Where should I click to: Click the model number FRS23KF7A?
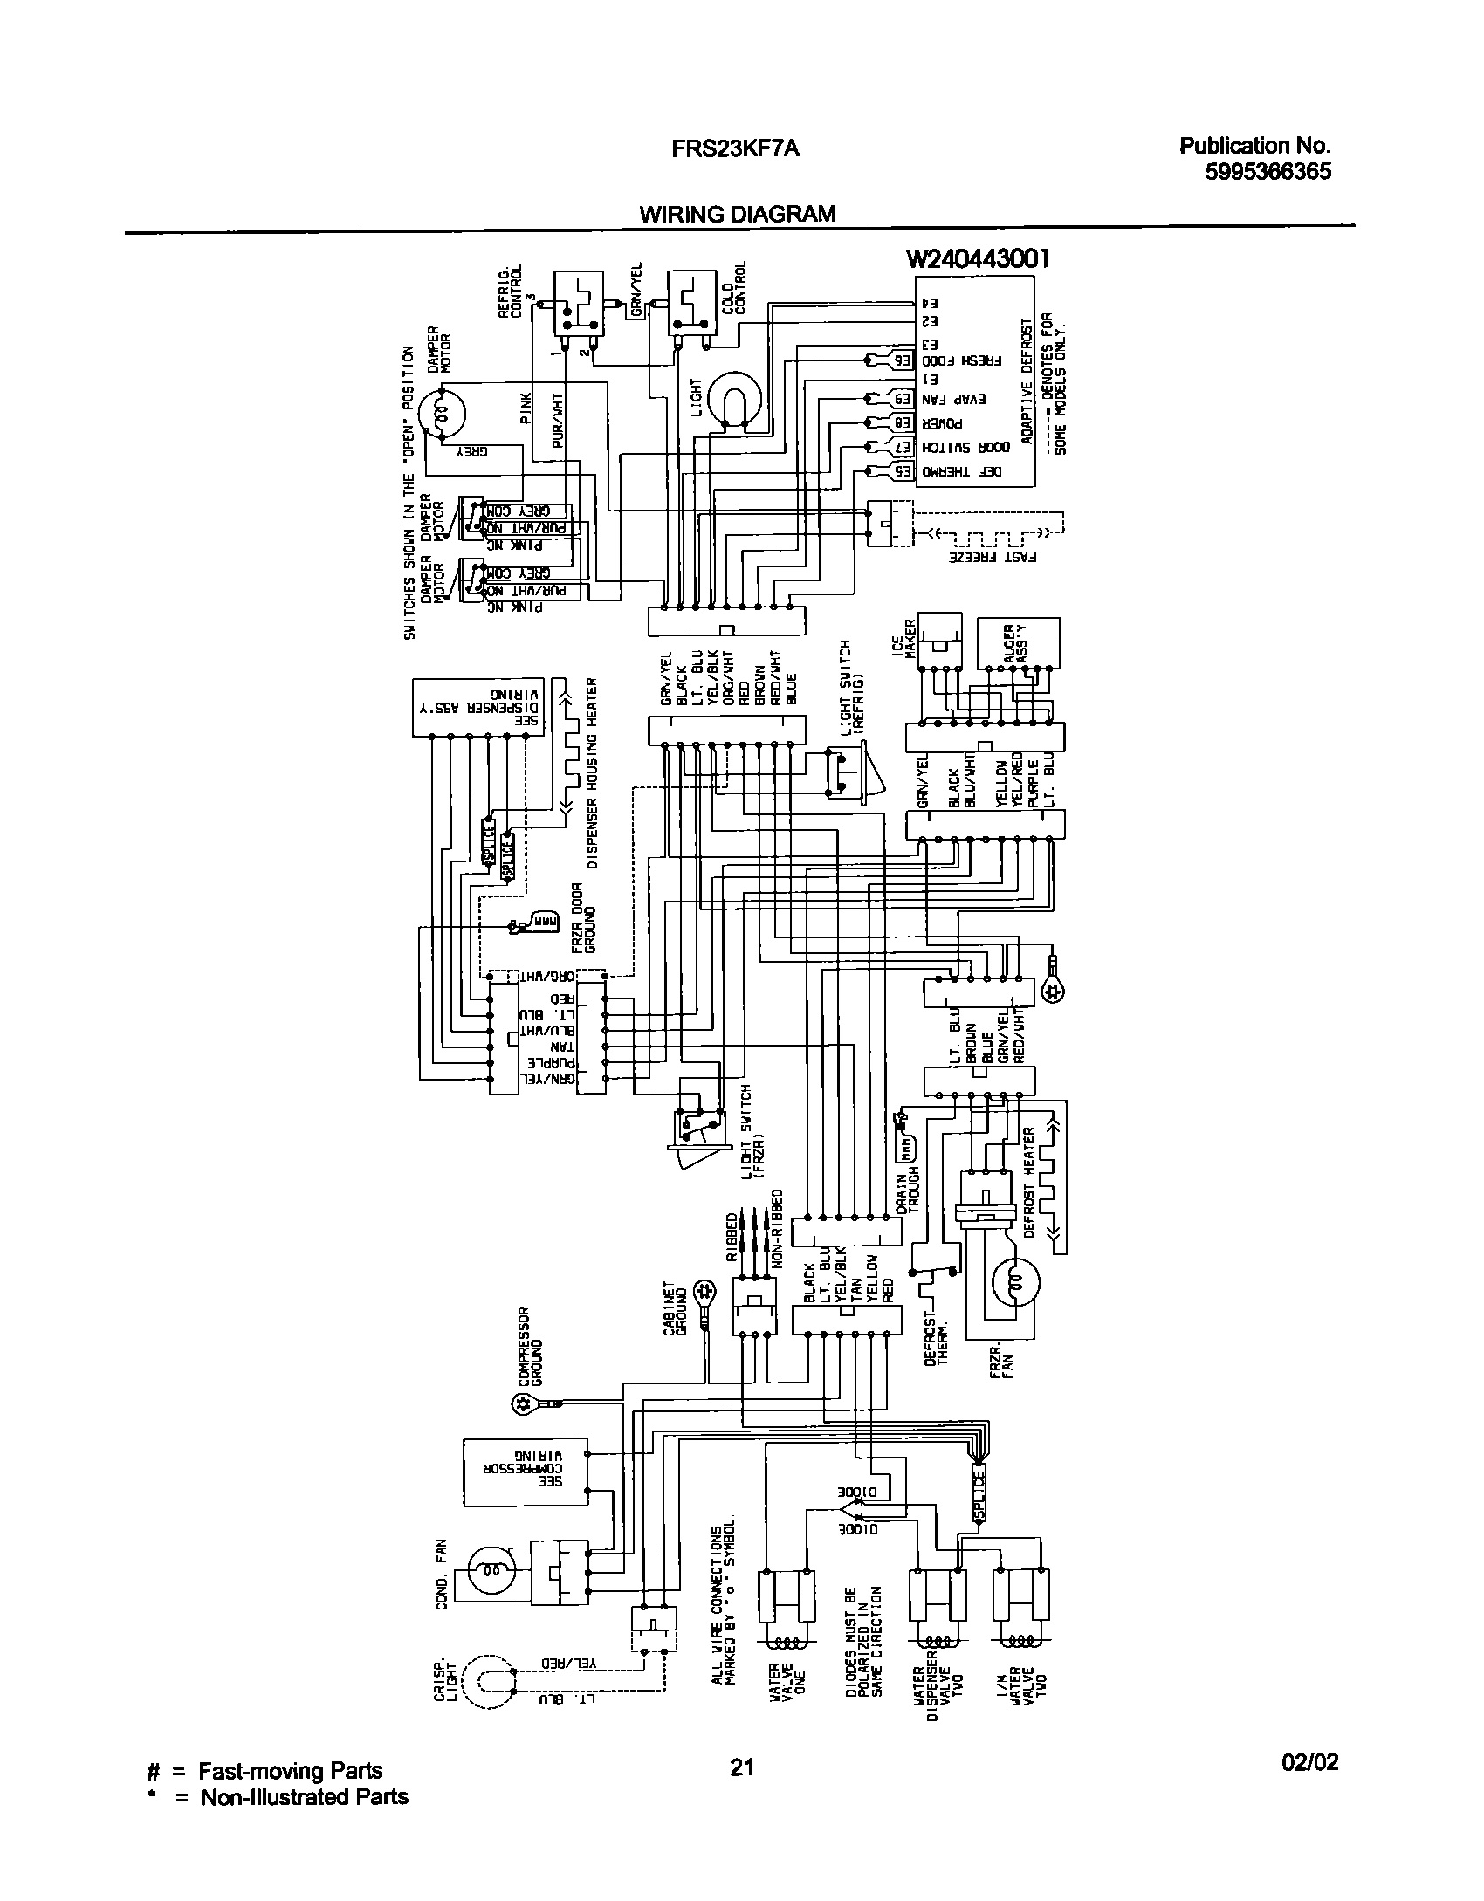[735, 149]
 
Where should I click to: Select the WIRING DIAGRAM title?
[738, 215]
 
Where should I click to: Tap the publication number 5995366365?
[1268, 172]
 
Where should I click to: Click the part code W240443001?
[977, 259]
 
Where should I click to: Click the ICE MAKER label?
[910, 641]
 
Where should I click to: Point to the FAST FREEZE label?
[993, 555]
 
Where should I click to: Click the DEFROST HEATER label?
[1029, 1182]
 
